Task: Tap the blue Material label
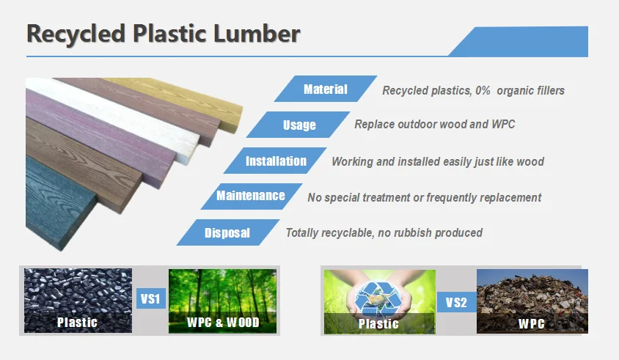(x=326, y=89)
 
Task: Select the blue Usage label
(x=299, y=125)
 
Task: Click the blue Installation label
(x=276, y=161)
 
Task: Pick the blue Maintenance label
(x=251, y=196)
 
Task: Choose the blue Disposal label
(x=227, y=233)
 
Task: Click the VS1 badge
(x=151, y=299)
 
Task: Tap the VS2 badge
(x=456, y=302)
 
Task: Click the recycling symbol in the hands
(x=379, y=297)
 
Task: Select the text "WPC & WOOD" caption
(x=223, y=322)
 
